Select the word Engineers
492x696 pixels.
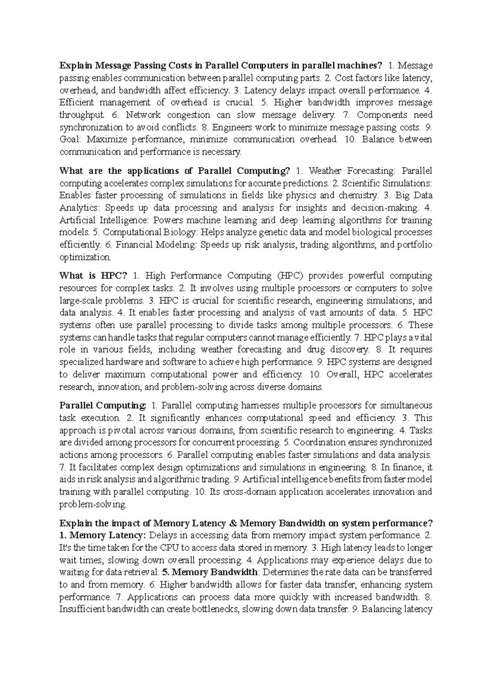pyautogui.click(x=230, y=127)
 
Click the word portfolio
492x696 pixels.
pyautogui.click(x=415, y=245)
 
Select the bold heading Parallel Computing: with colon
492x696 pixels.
pyautogui.click(x=103, y=405)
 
